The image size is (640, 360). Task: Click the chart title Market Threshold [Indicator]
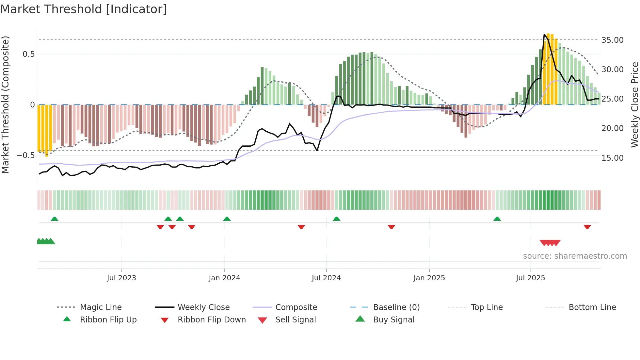84,9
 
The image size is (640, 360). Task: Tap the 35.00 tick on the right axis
612,40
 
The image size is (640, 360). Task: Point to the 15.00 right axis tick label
612,158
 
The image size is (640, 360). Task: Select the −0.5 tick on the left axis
26,155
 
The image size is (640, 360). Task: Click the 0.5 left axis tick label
28,54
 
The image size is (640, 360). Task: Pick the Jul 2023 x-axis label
121,278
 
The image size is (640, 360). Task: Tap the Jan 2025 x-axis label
429,278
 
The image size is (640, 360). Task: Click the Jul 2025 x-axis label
530,278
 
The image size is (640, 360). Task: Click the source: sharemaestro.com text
575,256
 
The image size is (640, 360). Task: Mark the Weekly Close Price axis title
634,105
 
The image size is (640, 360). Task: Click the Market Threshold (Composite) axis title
5,105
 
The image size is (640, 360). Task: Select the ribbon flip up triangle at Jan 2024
227,219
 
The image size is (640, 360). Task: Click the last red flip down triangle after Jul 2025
587,227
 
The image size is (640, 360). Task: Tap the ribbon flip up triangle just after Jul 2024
337,219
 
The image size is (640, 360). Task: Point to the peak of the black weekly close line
545,34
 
